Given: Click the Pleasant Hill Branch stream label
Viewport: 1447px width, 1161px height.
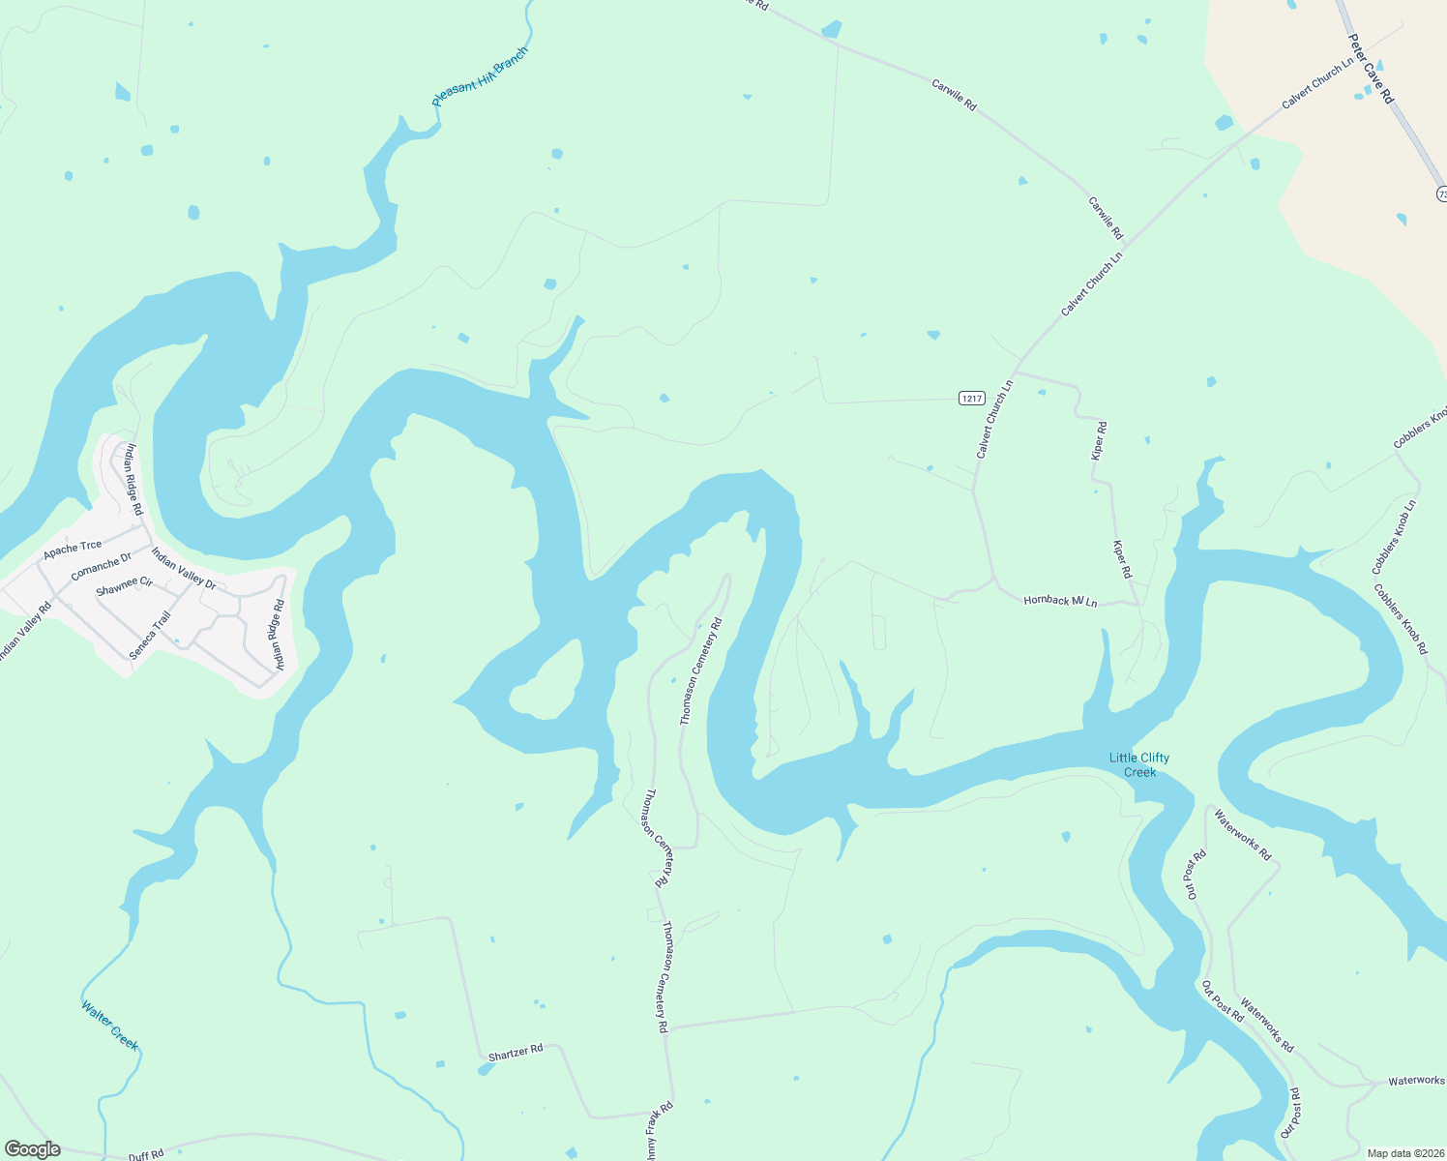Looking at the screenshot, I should coord(480,76).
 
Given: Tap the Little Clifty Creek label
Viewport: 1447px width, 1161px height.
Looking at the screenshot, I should coord(1138,764).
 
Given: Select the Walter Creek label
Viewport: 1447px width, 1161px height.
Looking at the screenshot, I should coord(109,1025).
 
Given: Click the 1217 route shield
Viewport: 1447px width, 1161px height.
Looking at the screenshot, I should coord(971,398).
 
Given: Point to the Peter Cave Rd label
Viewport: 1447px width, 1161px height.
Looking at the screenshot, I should coord(1371,69).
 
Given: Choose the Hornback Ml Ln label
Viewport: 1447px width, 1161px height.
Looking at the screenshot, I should coord(1060,601).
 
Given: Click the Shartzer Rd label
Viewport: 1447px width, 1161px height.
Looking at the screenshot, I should coord(516,1053).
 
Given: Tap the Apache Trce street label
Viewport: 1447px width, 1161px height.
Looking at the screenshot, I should coord(72,550).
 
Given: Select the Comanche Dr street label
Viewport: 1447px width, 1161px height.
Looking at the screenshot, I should coord(101,566).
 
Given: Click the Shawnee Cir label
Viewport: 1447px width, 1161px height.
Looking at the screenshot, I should coord(124,586).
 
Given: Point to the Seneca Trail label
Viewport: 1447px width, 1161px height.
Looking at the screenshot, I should coord(150,636).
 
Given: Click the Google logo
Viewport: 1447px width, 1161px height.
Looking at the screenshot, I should coord(32,1149).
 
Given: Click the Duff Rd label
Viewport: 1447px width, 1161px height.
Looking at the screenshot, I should coord(146,1154).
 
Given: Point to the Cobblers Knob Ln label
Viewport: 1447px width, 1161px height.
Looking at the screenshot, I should coord(1394,537).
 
